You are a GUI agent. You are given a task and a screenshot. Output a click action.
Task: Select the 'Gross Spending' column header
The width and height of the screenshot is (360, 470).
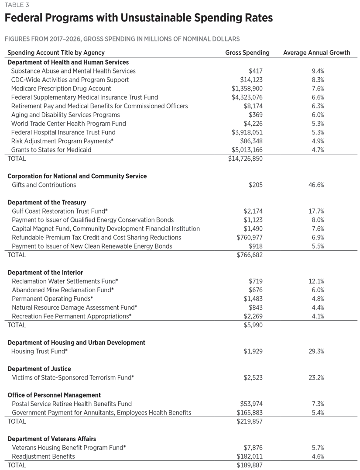(x=247, y=53)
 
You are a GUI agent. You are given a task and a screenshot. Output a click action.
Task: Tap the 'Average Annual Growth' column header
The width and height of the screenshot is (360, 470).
(x=316, y=53)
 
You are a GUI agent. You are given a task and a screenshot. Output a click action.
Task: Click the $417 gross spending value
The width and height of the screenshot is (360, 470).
(x=256, y=71)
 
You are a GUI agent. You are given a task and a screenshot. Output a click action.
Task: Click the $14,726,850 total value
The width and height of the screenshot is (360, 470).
(x=245, y=159)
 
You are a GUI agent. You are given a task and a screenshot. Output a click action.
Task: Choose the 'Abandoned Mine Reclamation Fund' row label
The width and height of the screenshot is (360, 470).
(x=62, y=290)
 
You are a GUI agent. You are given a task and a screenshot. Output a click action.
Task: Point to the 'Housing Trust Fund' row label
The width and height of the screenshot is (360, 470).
(x=39, y=352)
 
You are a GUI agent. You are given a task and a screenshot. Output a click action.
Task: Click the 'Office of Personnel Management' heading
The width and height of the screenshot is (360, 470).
(x=54, y=395)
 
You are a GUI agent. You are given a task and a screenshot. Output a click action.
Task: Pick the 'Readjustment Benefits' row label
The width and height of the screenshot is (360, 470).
(x=43, y=456)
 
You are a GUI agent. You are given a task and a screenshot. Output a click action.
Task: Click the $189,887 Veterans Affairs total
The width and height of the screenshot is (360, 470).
(x=250, y=465)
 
